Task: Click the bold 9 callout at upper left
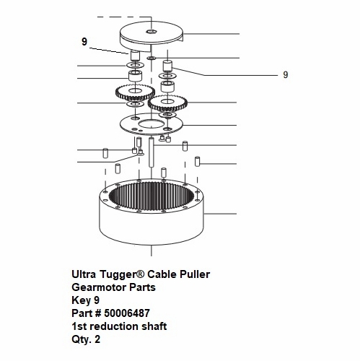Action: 84,42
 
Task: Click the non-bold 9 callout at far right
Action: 285,74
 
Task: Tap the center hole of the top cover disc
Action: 152,32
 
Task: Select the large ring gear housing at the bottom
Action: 152,212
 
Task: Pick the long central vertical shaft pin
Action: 152,152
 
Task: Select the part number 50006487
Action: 127,313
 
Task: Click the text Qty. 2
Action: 86,339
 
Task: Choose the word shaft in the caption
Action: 154,326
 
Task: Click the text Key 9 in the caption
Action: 85,300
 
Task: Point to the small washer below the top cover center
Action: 152,58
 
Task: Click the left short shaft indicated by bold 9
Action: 135,56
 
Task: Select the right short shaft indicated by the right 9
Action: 167,66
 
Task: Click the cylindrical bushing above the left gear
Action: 135,76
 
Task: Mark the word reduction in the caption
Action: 115,326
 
